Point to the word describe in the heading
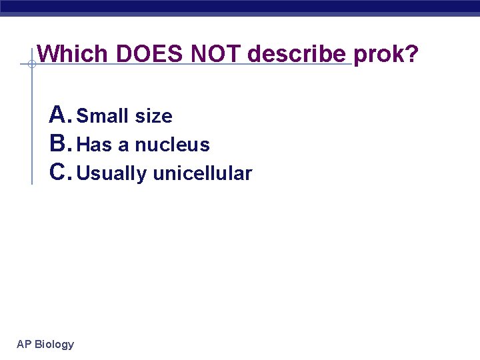(x=297, y=53)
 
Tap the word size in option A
(x=153, y=117)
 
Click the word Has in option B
(x=95, y=145)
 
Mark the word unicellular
(x=203, y=174)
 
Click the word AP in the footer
(x=24, y=345)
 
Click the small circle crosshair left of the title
(x=31, y=65)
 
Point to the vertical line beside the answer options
(x=32, y=133)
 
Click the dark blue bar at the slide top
(x=240, y=7)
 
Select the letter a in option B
(x=123, y=146)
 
